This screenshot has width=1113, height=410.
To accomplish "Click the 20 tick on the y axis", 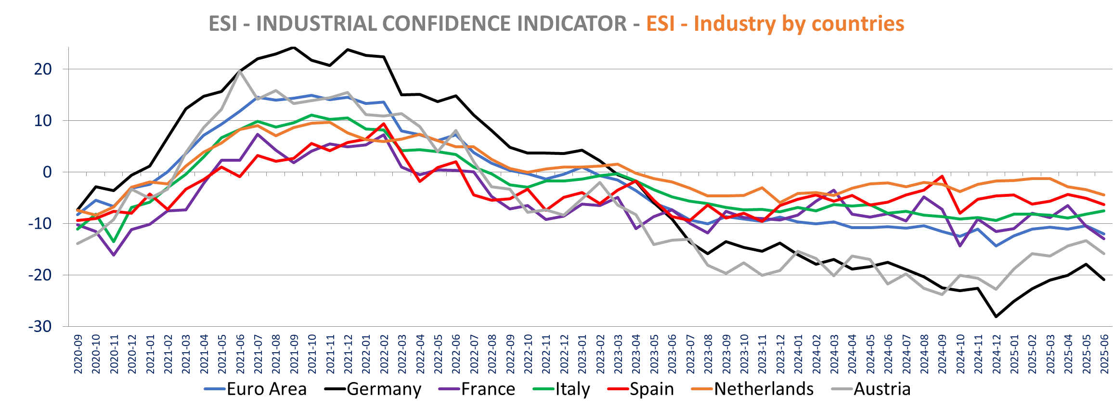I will tap(43, 69).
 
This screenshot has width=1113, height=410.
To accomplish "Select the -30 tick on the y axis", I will tap(40, 326).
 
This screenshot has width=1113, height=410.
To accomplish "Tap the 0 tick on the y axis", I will tap(47, 172).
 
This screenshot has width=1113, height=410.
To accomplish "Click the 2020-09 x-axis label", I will tap(78, 354).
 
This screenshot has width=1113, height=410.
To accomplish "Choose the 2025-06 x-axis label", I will tap(1104, 354).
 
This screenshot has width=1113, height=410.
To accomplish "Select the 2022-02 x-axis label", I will tap(384, 354).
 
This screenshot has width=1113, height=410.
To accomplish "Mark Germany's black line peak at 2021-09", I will tap(294, 47).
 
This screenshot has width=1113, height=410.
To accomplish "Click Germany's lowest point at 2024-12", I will tap(996, 317).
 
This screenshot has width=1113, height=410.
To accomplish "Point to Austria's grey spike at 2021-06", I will tap(240, 71).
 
